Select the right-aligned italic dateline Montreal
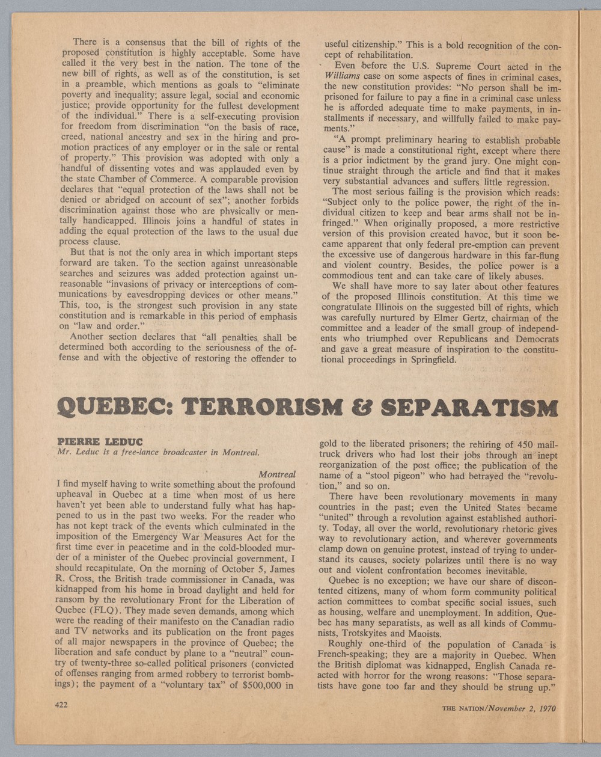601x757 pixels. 276,474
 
